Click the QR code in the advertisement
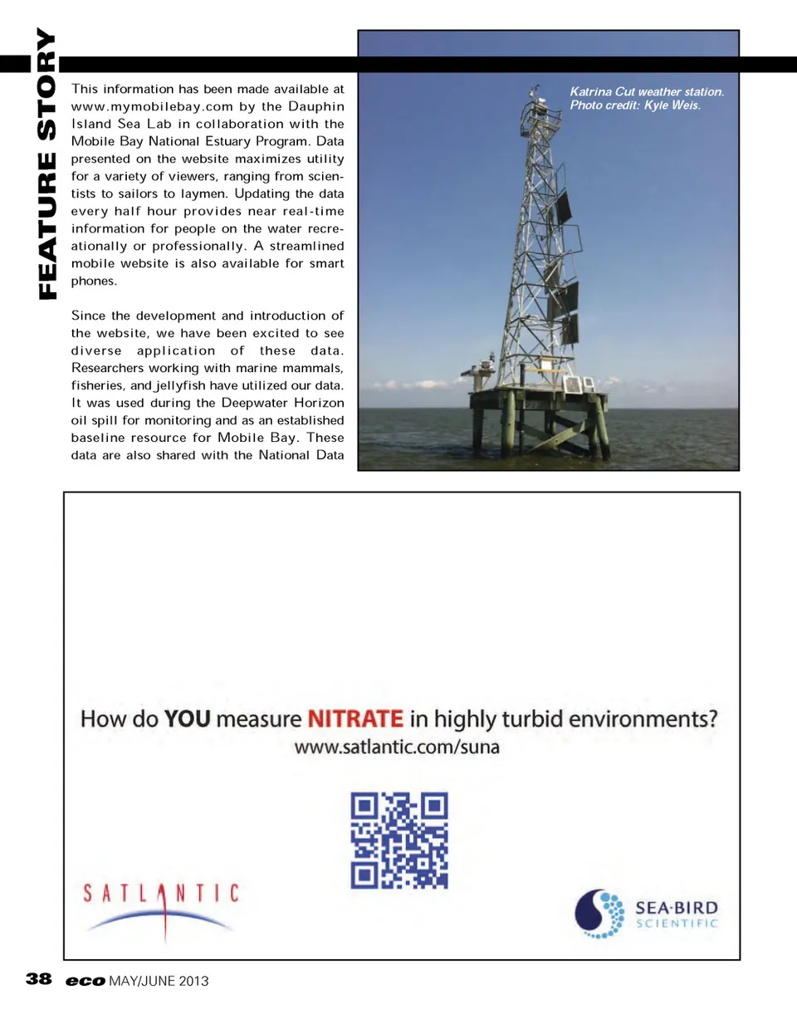(398, 840)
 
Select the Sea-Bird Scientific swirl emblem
(599, 914)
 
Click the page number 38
(39, 979)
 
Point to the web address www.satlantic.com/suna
(397, 747)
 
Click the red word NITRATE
(355, 718)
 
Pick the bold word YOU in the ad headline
(187, 718)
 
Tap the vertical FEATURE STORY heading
(46, 164)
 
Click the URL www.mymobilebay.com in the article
(152, 106)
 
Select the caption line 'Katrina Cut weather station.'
(647, 91)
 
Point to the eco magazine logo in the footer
(86, 981)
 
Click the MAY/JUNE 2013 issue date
(159, 981)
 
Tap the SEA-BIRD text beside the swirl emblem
(677, 908)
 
